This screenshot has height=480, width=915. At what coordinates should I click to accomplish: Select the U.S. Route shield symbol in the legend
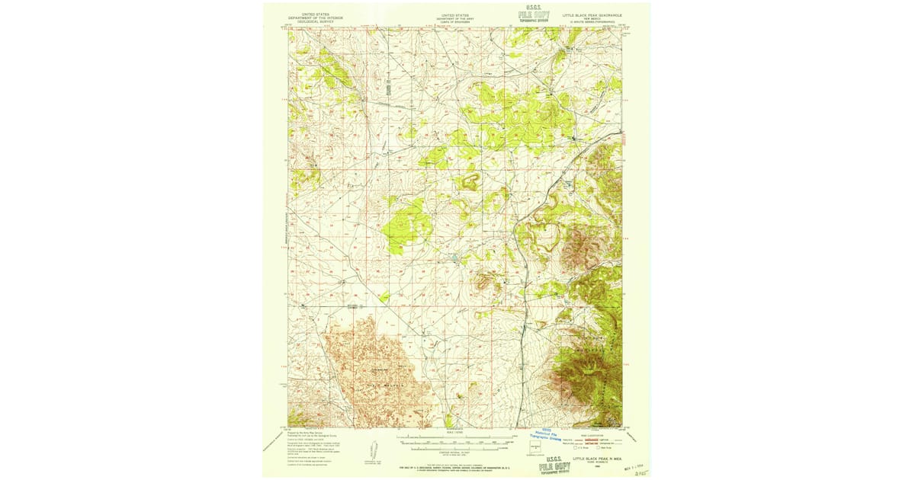coord(577,448)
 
